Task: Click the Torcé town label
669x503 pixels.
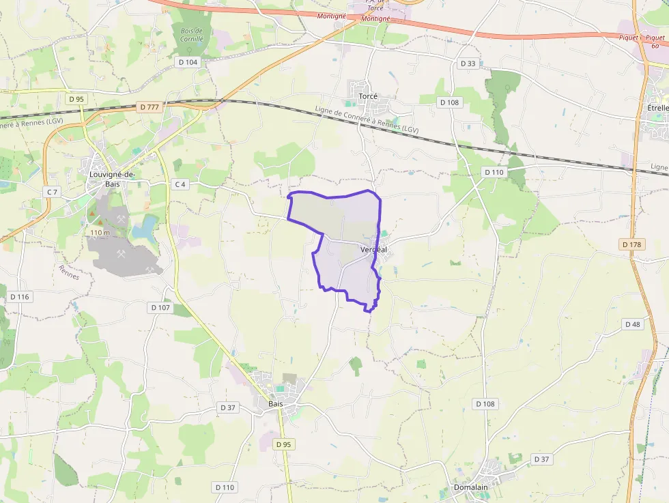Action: click(368, 97)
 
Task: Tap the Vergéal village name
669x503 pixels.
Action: click(373, 250)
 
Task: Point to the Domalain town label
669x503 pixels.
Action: click(471, 487)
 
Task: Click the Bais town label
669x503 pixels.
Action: click(275, 404)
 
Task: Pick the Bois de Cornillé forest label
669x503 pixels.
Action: click(192, 35)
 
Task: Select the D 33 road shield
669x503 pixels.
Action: click(468, 63)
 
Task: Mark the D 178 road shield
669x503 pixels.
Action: click(633, 244)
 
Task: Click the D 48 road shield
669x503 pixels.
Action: click(633, 324)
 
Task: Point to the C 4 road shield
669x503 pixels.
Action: click(180, 184)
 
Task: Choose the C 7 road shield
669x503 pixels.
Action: click(52, 192)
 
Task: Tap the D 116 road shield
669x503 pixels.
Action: click(20, 297)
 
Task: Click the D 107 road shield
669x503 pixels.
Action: click(160, 308)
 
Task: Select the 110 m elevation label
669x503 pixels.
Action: click(100, 233)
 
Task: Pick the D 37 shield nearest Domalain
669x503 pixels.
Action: click(541, 459)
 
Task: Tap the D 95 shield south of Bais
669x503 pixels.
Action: click(283, 444)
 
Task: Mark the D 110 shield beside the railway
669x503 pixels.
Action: click(494, 173)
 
